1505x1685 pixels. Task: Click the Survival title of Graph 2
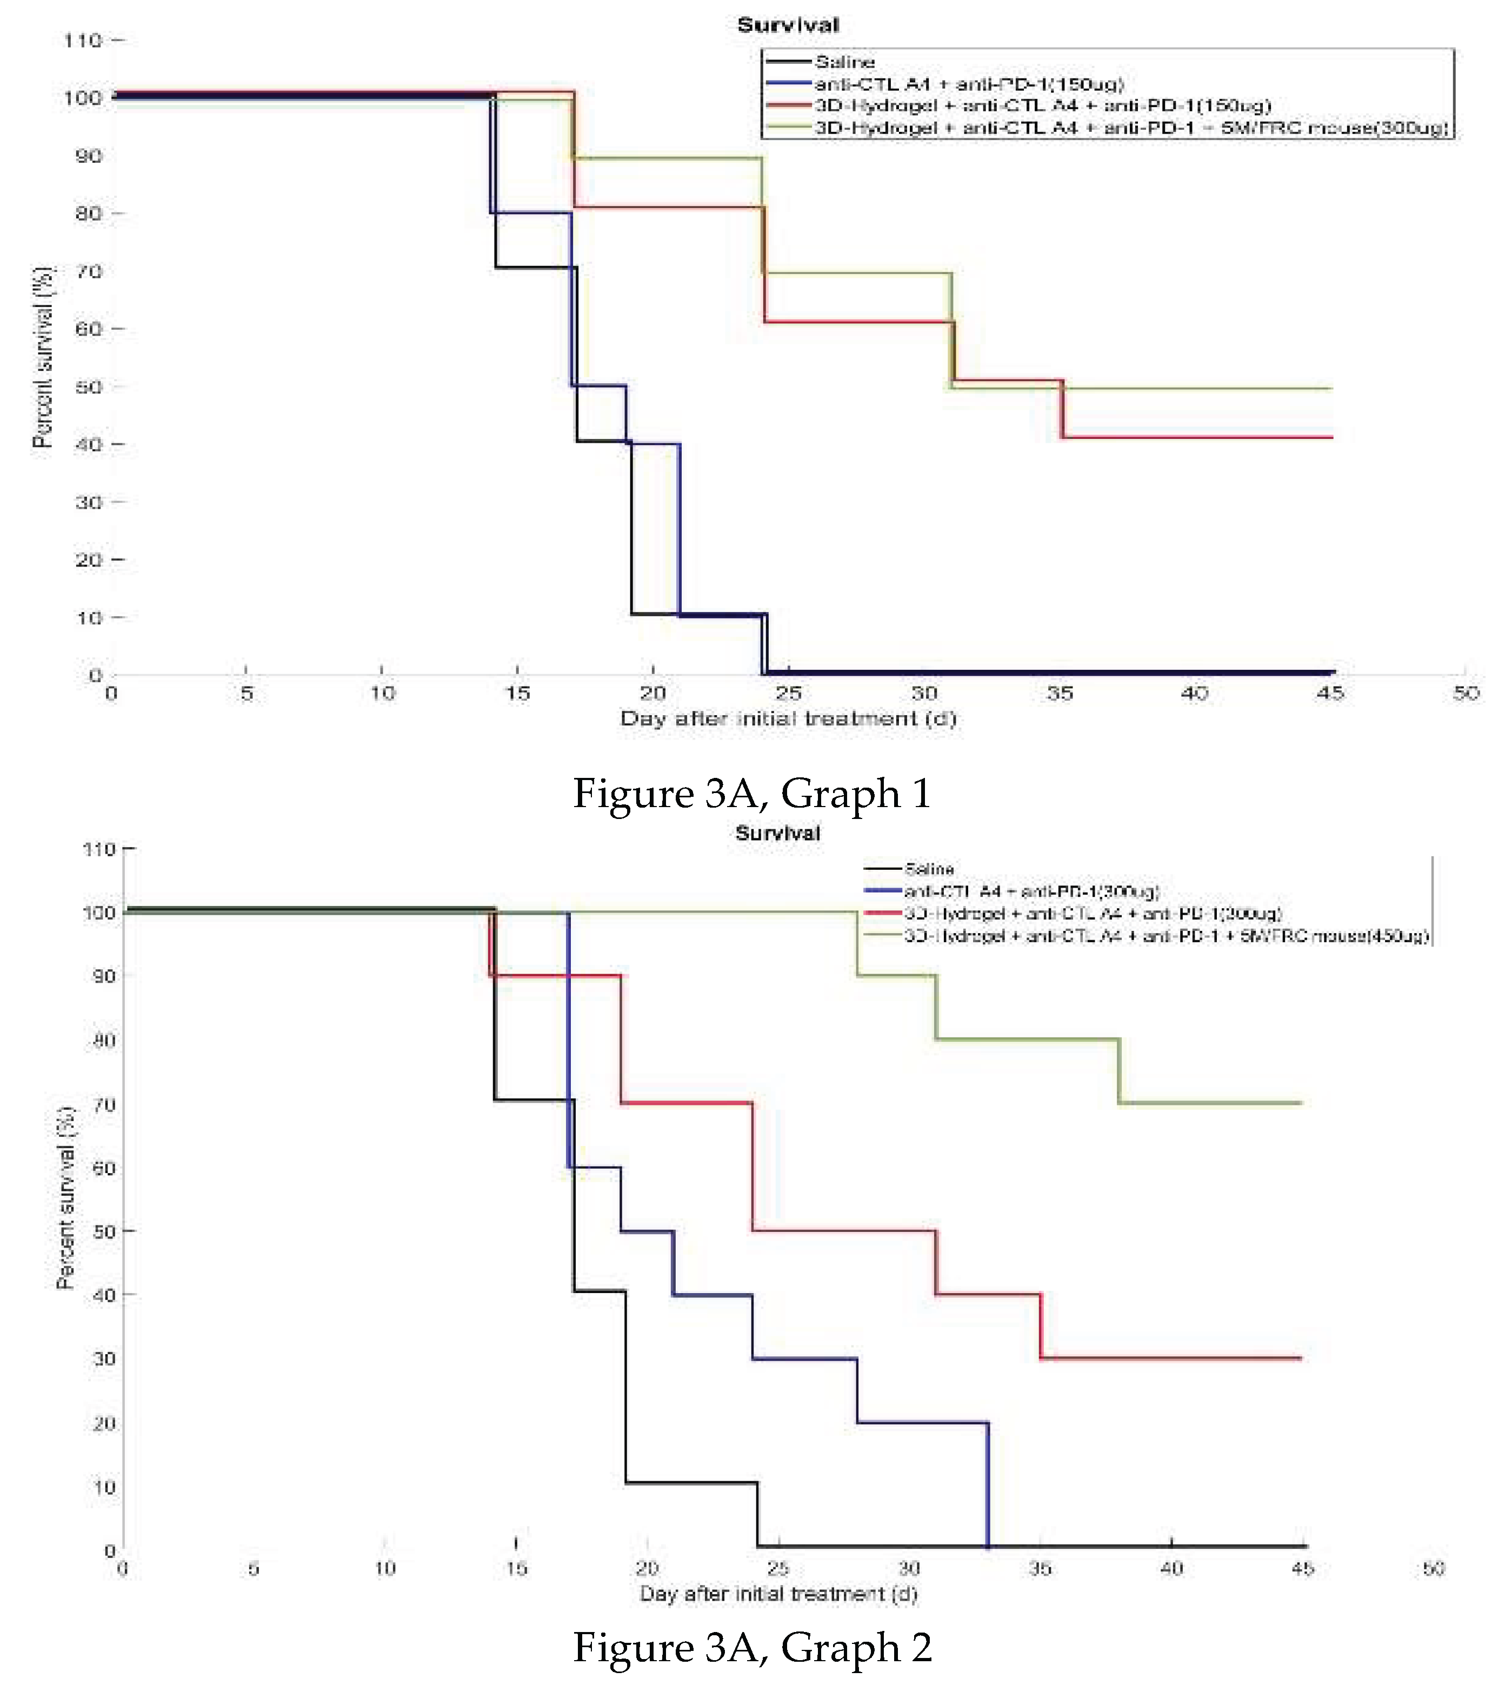[777, 832]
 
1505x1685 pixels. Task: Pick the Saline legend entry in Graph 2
[929, 869]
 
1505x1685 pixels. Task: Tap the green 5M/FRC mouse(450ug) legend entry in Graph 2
[1166, 936]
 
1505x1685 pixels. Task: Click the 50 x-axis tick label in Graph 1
[1466, 693]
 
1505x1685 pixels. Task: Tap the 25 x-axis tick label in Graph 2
[777, 1568]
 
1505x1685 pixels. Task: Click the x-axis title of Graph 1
[788, 718]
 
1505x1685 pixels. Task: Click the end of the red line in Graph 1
[1331, 437]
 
